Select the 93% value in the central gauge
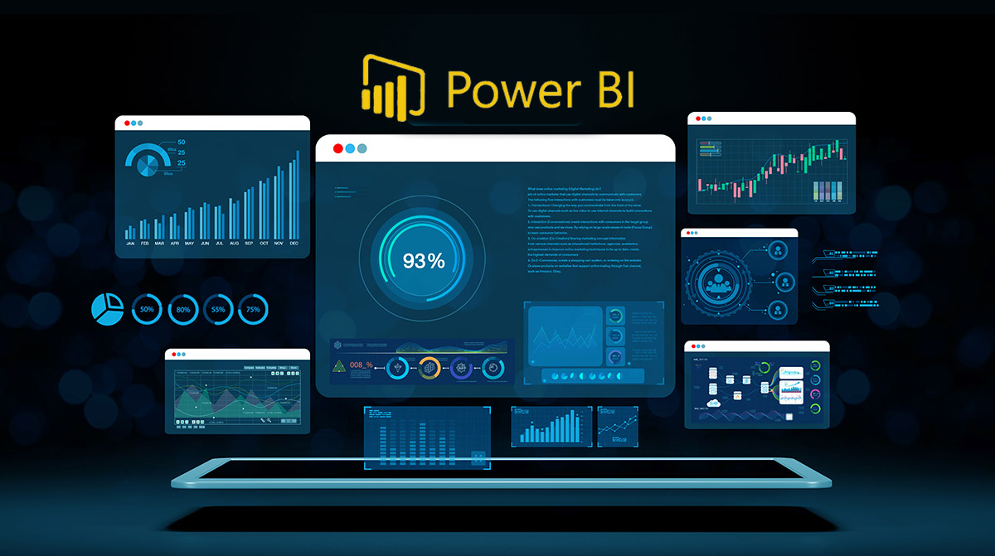[424, 260]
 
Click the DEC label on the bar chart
[294, 244]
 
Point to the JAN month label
[130, 244]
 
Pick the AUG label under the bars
[234, 244]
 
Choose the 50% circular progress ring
[148, 309]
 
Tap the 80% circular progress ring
[183, 309]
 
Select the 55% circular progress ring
[218, 309]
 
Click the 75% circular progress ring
[253, 309]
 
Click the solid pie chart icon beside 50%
[107, 309]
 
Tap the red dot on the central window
[337, 148]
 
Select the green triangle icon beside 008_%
[339, 366]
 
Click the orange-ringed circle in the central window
[429, 366]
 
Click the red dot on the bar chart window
[126, 123]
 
